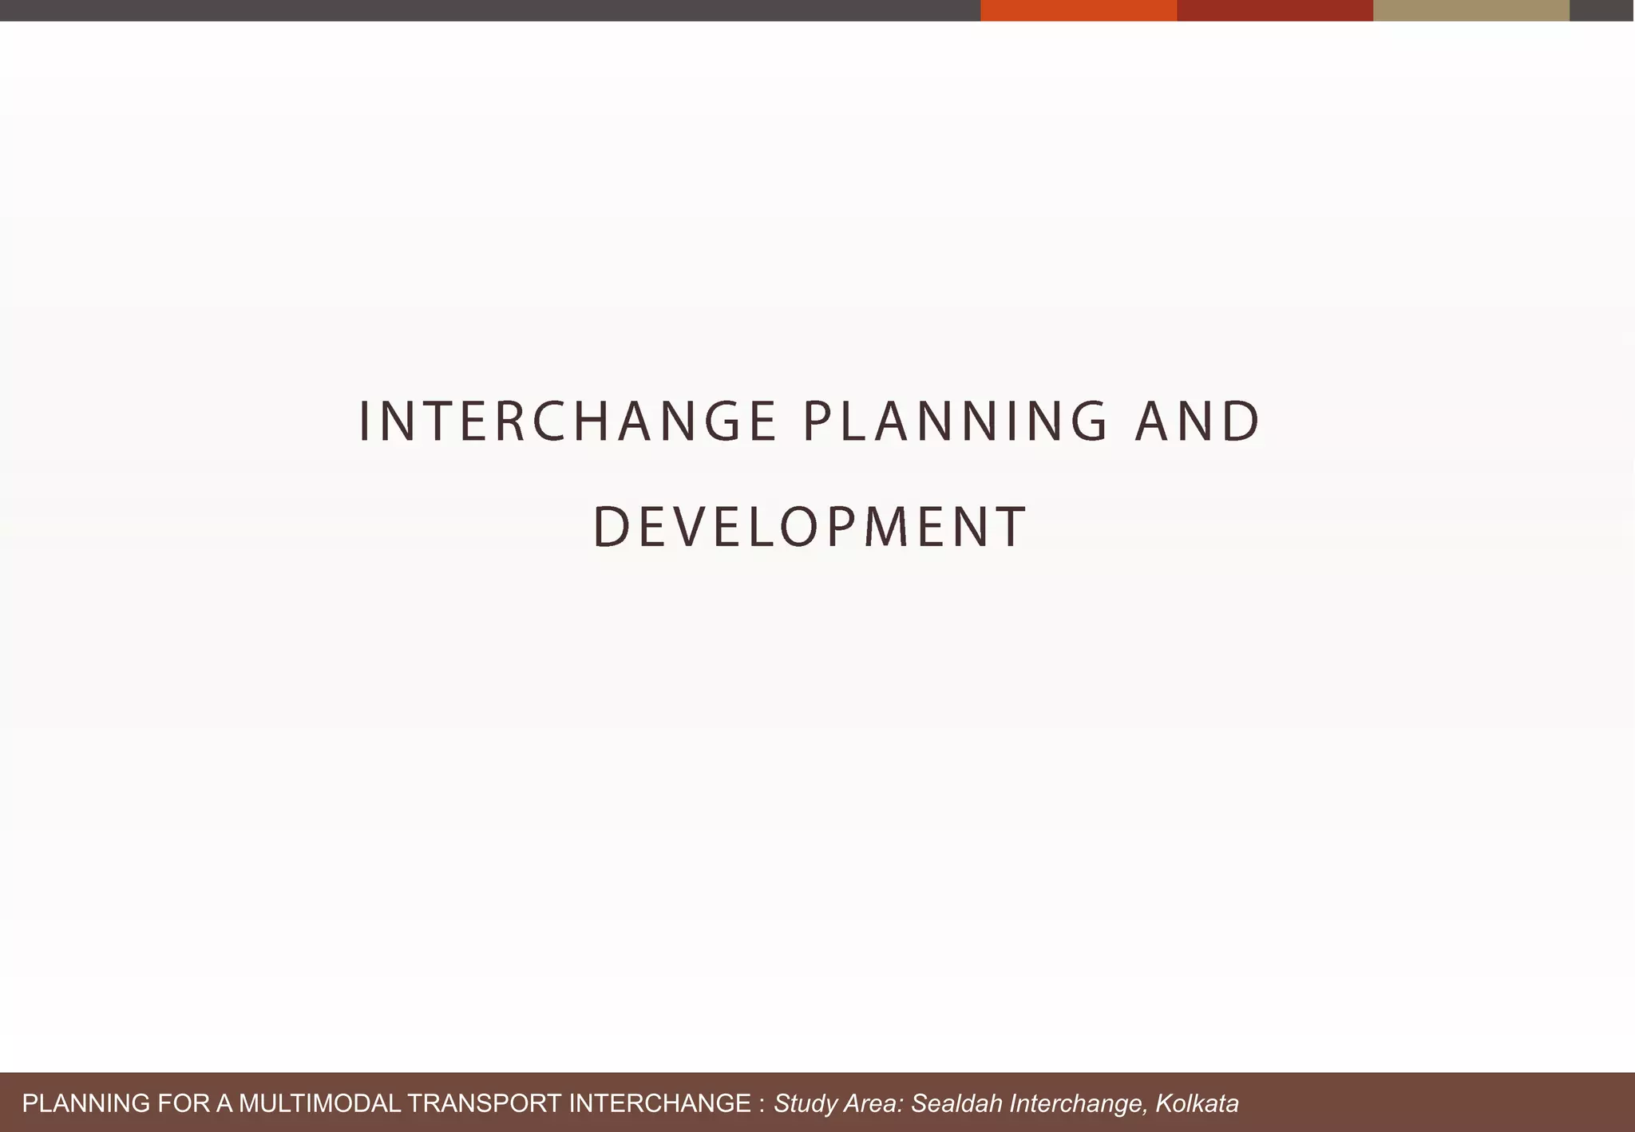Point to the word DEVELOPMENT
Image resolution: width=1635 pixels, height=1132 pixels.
click(810, 527)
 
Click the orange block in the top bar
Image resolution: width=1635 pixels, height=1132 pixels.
click(1078, 10)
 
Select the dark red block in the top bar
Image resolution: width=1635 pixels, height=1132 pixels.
click(1274, 10)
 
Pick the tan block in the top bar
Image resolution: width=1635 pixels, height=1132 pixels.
click(1471, 10)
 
